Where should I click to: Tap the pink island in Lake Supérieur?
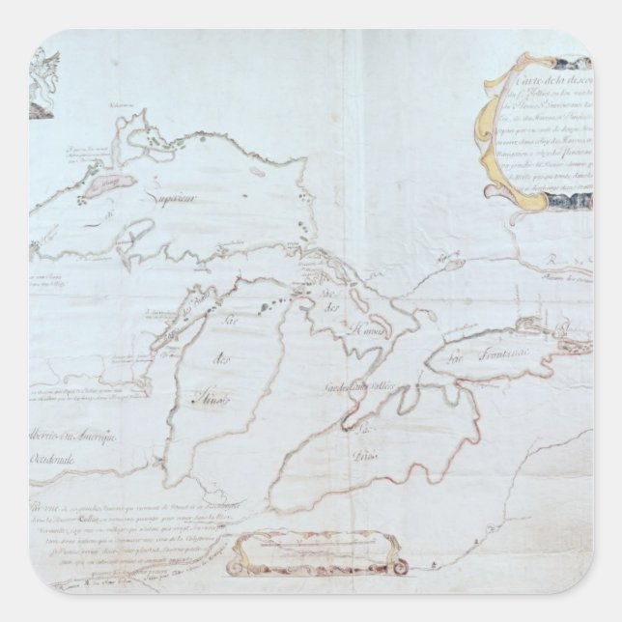pyautogui.click(x=105, y=184)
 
